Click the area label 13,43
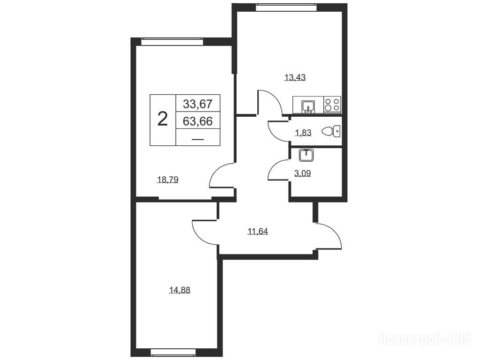tap(295, 77)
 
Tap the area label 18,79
tap(168, 180)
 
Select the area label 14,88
tap(179, 290)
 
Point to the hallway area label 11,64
tap(257, 232)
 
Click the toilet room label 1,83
tap(303, 133)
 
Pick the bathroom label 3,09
tap(302, 173)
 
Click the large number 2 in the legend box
tap(163, 119)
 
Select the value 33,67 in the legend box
tap(198, 104)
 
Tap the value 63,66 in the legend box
tap(198, 121)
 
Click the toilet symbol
tap(331, 131)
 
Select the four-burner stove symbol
tap(332, 104)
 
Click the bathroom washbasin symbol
tap(305, 155)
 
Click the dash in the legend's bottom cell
tap(198, 139)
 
